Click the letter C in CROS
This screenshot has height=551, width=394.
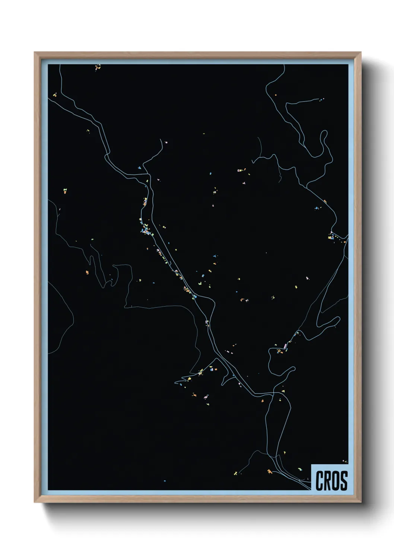click(320, 481)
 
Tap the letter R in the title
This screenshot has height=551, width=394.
click(328, 481)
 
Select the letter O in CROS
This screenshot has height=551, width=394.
click(336, 481)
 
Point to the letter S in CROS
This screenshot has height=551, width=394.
click(344, 481)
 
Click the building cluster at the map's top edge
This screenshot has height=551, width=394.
click(98, 67)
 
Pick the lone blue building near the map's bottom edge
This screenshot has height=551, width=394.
click(165, 481)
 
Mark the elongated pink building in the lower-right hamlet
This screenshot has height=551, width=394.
click(285, 346)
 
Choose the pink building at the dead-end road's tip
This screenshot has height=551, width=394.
click(166, 142)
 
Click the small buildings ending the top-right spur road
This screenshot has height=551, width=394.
click(321, 99)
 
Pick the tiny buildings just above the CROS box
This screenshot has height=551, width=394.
click(344, 462)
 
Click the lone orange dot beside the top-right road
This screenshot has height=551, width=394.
click(276, 95)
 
